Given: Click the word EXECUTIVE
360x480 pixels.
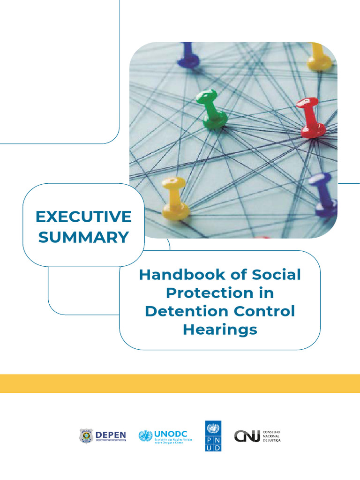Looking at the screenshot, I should pos(84,217).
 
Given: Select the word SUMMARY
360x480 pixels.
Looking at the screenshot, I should pos(84,237).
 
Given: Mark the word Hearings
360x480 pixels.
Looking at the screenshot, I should pos(220,330).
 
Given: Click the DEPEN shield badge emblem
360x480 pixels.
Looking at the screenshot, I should pos(86,436).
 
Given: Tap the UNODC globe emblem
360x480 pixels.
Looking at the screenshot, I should pos(145,436).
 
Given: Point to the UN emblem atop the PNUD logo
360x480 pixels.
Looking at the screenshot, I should pos(213,427).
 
